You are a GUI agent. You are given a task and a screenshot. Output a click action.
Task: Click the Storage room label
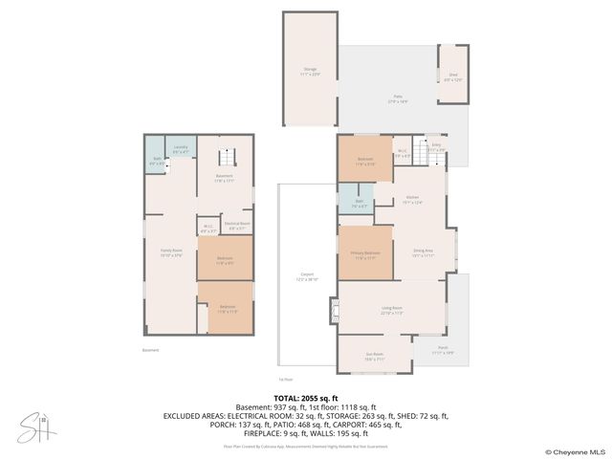[x=309, y=70]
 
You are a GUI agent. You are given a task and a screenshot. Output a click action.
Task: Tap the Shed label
[x=452, y=77]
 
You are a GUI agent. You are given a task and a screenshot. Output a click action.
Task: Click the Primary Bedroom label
[x=365, y=256]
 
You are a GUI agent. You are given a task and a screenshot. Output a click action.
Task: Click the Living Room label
[x=391, y=312]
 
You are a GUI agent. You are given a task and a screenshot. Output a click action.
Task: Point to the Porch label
[x=442, y=351]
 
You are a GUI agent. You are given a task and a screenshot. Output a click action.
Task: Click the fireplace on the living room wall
[x=334, y=309]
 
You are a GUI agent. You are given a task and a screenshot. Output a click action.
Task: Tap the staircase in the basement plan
[x=227, y=158]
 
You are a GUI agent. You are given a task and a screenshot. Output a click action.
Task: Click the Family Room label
[x=171, y=253]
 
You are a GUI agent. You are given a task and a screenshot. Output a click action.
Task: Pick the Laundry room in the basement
[x=181, y=149]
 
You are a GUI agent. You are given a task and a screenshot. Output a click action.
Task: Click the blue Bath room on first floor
[x=359, y=204]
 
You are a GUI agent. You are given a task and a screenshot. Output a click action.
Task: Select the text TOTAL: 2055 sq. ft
[x=306, y=397]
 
